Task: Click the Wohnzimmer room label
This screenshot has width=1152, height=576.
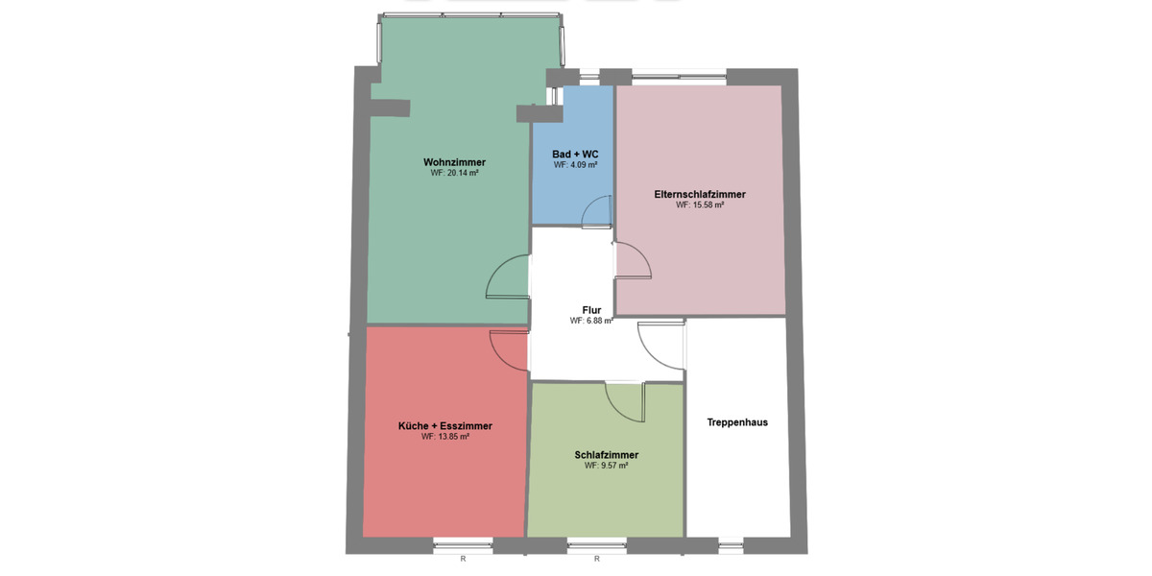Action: pos(454,161)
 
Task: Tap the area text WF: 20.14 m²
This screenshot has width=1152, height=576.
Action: pos(454,174)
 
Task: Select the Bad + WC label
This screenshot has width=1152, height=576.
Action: pos(575,154)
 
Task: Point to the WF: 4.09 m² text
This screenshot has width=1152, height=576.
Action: pos(575,165)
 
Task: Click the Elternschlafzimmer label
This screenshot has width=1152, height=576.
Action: pos(699,194)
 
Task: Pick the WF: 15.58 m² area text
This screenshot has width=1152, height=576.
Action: pos(699,205)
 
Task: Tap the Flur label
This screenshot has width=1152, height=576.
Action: pos(591,309)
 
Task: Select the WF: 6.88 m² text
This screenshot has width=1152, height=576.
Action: pos(591,321)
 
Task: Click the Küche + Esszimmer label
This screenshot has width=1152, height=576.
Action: pos(444,425)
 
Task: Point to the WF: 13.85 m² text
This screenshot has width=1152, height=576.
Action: pos(444,437)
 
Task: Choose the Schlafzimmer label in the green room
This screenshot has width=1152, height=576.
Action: pos(607,454)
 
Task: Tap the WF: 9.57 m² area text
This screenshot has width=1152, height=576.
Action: pos(607,466)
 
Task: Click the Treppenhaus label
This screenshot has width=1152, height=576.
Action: pos(737,421)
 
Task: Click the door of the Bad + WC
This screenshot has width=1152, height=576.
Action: pos(596,211)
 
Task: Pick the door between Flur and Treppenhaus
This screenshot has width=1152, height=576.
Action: pos(660,343)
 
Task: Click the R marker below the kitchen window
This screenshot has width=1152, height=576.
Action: pos(463,559)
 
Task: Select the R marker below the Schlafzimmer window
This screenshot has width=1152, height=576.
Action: pos(596,559)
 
